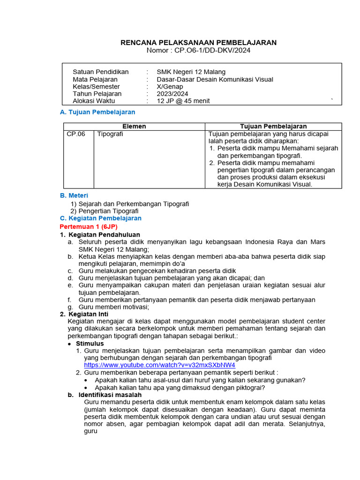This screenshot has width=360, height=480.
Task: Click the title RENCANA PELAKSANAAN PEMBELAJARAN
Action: [199, 43]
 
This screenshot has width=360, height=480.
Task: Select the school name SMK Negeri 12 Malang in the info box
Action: [191, 72]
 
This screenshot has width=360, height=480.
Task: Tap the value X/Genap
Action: [170, 86]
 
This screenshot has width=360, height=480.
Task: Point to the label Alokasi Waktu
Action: [94, 101]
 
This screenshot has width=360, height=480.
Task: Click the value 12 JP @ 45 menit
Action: [183, 101]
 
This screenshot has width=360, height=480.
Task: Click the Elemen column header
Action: [134, 127]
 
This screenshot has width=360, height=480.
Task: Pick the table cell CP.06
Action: [76, 134]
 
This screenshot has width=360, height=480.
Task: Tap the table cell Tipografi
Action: [111, 134]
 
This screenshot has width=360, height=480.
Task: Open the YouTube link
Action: [159, 365]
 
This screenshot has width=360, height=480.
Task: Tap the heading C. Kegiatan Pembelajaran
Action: [101, 218]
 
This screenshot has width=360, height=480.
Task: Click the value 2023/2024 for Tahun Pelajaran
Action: [173, 94]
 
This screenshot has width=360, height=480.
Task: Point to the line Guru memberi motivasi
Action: [113, 307]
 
